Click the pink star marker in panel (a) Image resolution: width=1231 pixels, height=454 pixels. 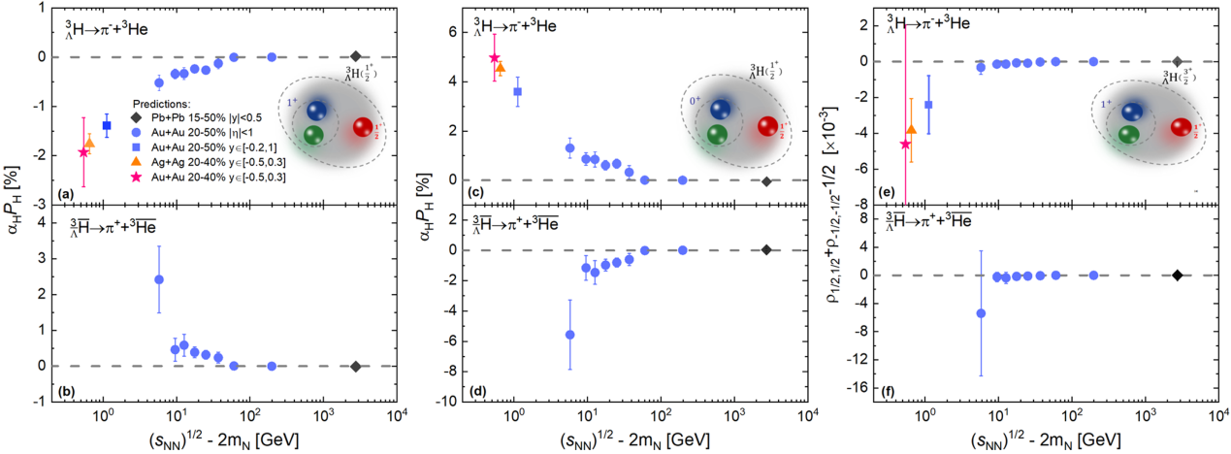coord(83,152)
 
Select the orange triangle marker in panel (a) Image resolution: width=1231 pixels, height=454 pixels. coord(89,143)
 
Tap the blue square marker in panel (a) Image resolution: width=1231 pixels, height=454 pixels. coord(107,125)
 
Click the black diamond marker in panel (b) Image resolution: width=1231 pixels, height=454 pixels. coord(356,366)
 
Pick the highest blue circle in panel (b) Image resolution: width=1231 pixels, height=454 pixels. coord(159,279)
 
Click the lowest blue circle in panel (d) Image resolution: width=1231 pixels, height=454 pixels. coord(569,335)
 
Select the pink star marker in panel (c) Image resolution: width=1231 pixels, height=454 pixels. coord(495,58)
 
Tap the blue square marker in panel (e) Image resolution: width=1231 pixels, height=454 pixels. coord(928,104)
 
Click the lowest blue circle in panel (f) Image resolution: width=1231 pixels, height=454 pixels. coord(981,313)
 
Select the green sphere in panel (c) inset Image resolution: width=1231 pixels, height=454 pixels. coord(718,135)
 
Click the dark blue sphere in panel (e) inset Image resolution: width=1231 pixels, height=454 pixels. coord(1131,112)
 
